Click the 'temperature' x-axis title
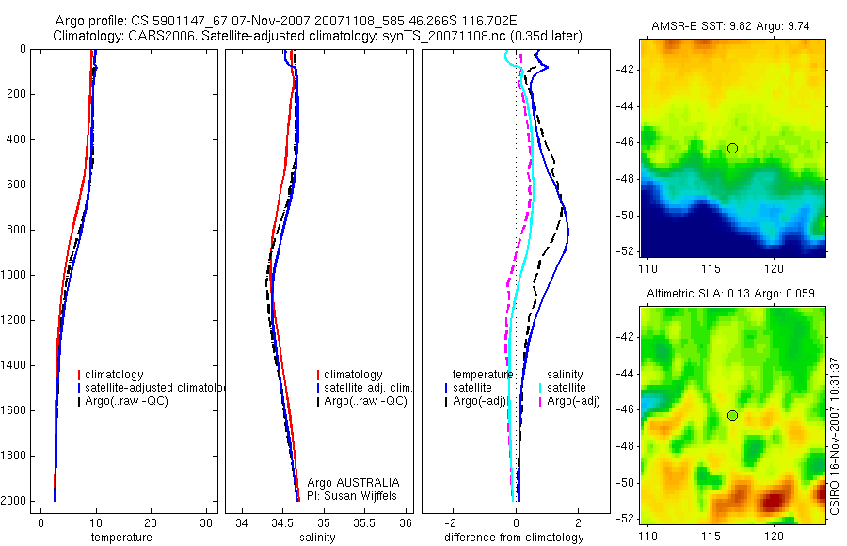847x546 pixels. tap(120, 538)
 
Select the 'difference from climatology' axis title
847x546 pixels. tap(514, 538)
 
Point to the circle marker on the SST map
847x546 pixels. tap(732, 148)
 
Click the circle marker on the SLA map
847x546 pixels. tap(732, 415)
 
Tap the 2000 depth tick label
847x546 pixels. tap(16, 501)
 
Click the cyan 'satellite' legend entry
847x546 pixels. tap(567, 388)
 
